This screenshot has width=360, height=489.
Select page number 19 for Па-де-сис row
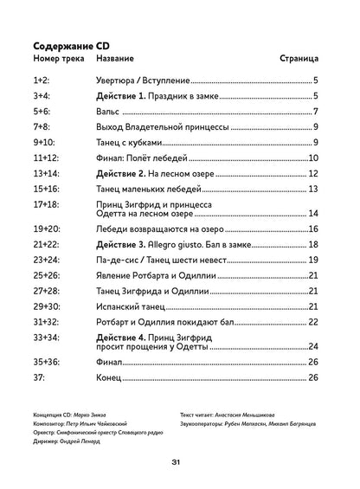click(315, 261)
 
